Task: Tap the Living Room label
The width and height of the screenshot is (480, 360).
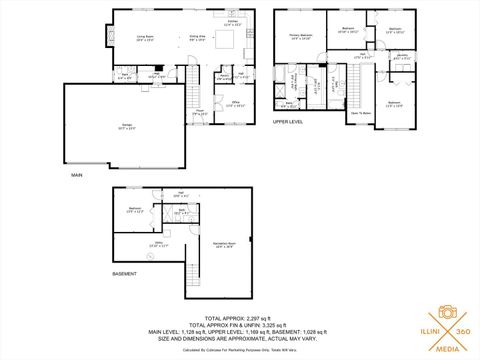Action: click(145, 38)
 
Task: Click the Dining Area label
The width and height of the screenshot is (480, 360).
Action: click(197, 38)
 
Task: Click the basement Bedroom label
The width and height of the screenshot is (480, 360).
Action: click(135, 210)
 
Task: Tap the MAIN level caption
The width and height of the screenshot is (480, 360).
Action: click(77, 175)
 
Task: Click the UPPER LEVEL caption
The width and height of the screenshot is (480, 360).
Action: click(288, 122)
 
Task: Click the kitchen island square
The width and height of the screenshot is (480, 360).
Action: click(227, 40)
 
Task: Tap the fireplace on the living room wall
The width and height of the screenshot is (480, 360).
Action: click(108, 37)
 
